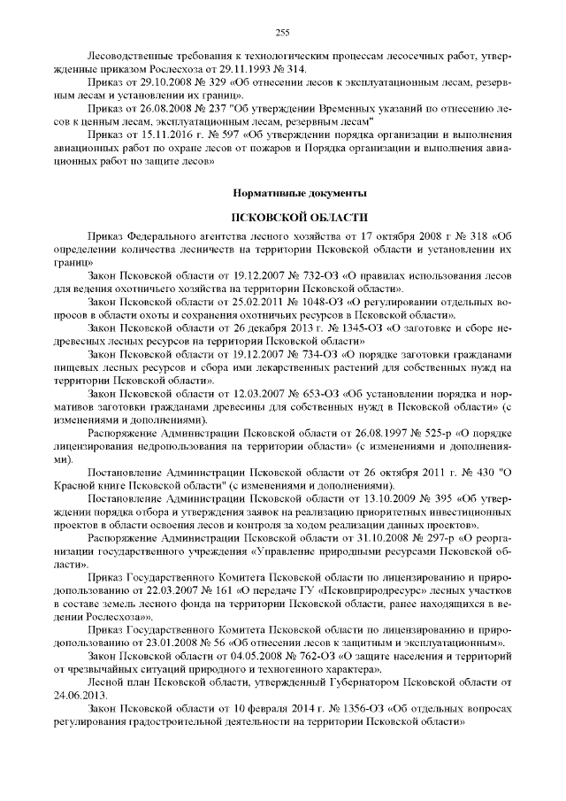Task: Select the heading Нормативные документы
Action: point(283,192)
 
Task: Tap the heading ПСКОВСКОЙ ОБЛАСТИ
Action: point(283,217)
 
